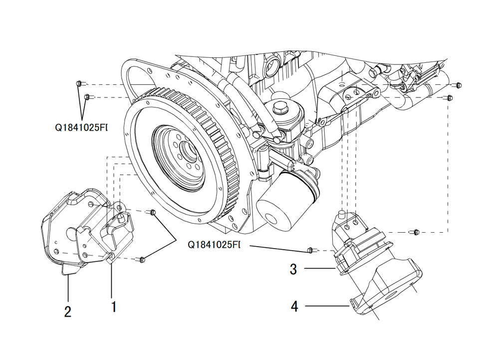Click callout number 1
113,307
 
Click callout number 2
67,312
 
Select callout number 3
293,269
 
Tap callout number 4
294,307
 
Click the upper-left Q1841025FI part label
81,128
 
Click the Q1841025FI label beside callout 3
214,245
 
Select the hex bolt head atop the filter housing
279,108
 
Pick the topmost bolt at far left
79,84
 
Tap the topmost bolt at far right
457,85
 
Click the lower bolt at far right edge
449,97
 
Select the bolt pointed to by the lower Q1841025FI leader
311,250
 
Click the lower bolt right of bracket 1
142,260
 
